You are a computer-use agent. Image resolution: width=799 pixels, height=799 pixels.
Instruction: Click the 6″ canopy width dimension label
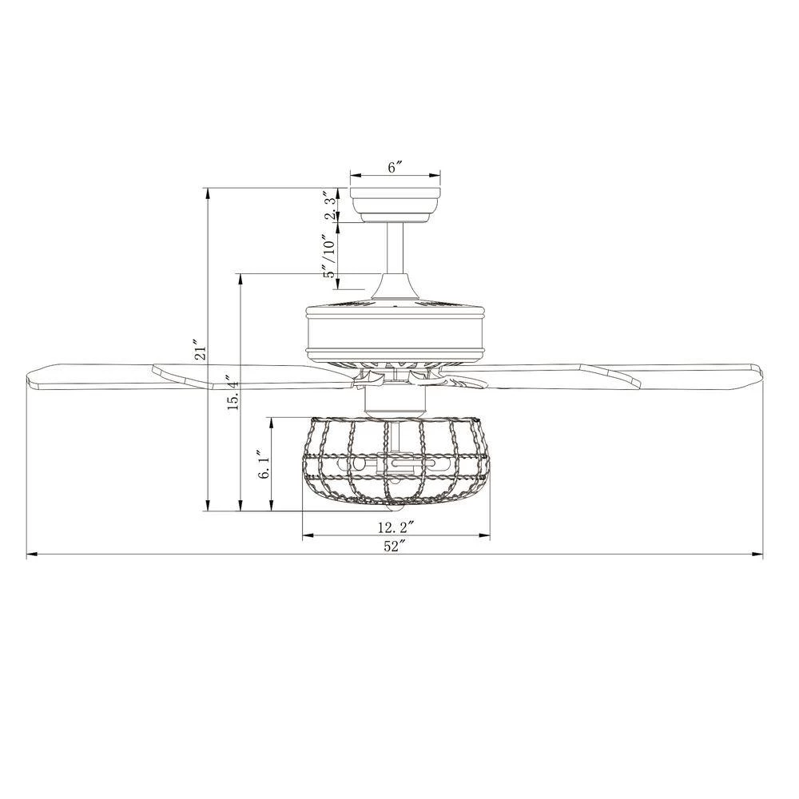click(x=396, y=168)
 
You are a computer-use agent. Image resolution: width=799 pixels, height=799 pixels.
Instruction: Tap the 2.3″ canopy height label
click(x=332, y=205)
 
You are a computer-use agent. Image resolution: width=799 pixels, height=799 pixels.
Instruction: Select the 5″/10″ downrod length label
click(x=331, y=256)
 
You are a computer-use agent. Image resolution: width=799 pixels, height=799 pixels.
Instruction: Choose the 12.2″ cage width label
click(x=395, y=527)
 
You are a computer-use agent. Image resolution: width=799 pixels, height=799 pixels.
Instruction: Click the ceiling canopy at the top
click(x=395, y=205)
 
